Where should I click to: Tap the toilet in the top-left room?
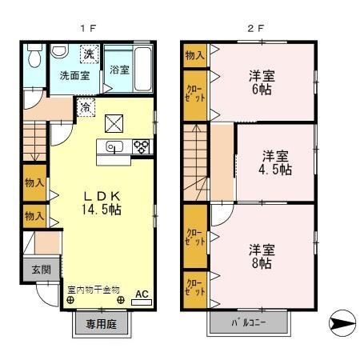click(x=34, y=58)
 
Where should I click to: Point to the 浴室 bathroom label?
click(x=119, y=70)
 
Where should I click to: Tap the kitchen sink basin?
click(x=112, y=146)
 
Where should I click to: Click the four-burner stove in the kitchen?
click(x=141, y=146)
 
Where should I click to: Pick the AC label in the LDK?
click(x=141, y=294)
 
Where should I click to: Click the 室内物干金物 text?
click(x=94, y=288)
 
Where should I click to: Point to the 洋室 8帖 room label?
click(x=263, y=255)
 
